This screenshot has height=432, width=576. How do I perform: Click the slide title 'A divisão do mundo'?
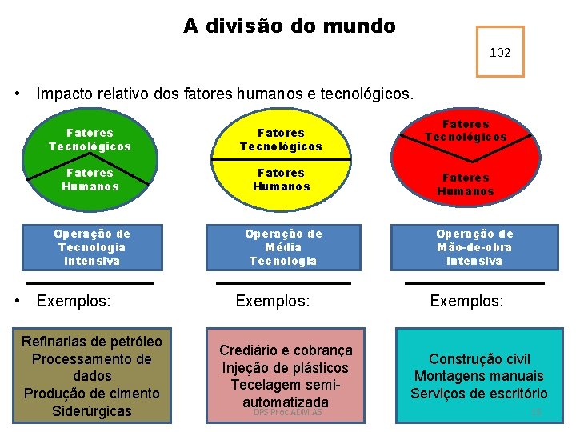point(289,26)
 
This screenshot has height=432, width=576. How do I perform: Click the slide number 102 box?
point(500,52)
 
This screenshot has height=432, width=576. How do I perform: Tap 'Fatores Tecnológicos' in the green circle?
point(90,140)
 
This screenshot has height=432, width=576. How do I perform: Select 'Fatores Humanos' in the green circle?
point(90,179)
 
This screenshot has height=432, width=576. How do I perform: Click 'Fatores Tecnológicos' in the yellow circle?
point(282,140)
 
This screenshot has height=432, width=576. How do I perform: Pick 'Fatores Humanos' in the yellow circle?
point(282,179)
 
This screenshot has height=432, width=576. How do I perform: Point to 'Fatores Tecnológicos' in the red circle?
point(466,130)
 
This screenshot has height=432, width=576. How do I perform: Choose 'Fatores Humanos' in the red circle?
point(466,185)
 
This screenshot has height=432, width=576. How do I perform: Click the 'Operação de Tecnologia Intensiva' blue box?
point(92,247)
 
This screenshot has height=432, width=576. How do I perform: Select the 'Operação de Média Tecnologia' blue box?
point(283,247)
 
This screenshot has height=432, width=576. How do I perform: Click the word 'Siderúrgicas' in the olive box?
point(91,411)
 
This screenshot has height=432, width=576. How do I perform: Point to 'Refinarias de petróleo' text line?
point(91,342)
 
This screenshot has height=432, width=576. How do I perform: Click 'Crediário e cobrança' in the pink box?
point(286,350)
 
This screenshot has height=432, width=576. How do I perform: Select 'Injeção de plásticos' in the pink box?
point(286,368)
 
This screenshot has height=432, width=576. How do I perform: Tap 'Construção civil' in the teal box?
point(479,359)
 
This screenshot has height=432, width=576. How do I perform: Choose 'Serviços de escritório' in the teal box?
point(479,393)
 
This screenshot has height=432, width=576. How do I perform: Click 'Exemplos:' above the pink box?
point(273,302)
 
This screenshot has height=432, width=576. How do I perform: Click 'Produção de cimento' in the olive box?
point(91,394)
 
